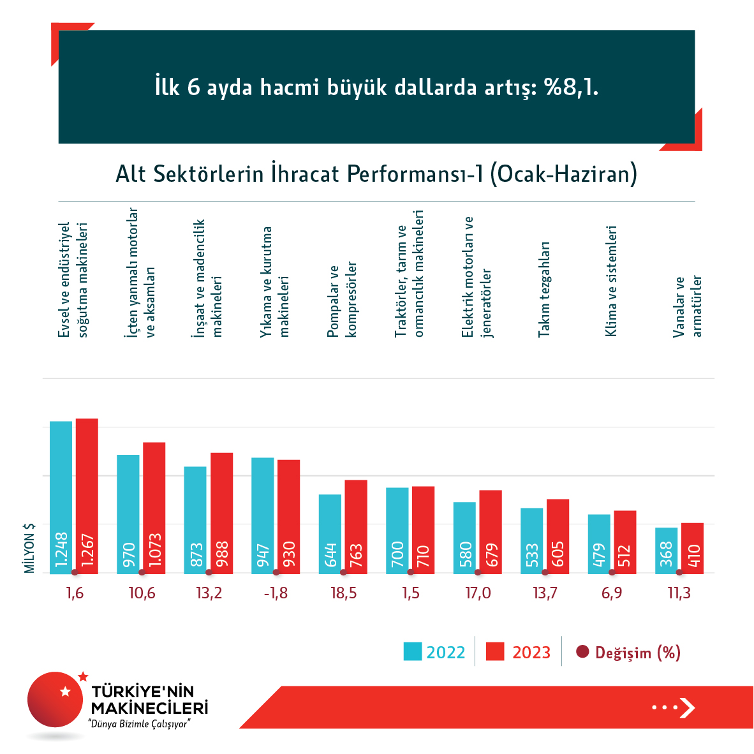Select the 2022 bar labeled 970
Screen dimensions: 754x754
pyautogui.click(x=128, y=514)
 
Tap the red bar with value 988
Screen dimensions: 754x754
pyautogui.click(x=221, y=513)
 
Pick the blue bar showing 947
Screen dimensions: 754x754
pyautogui.click(x=263, y=515)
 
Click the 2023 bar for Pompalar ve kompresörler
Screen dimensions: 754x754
pyautogui.click(x=356, y=526)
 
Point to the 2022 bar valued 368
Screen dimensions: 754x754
pyautogui.click(x=666, y=550)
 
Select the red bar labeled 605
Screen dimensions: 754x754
pyautogui.click(x=558, y=536)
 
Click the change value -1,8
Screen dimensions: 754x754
pyautogui.click(x=276, y=593)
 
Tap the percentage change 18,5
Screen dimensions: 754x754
pyautogui.click(x=343, y=593)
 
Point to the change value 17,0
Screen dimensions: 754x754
pyautogui.click(x=478, y=593)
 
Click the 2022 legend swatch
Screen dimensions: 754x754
pyautogui.click(x=413, y=652)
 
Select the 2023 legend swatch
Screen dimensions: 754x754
pyautogui.click(x=495, y=652)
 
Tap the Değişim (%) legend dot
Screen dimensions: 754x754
pyautogui.click(x=582, y=652)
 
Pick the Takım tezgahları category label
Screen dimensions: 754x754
pyautogui.click(x=543, y=290)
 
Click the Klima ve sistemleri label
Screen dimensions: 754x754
pyautogui.click(x=611, y=281)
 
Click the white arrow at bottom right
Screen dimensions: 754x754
pyautogui.click(x=686, y=707)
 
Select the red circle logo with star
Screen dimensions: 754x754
pyautogui.click(x=55, y=700)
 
